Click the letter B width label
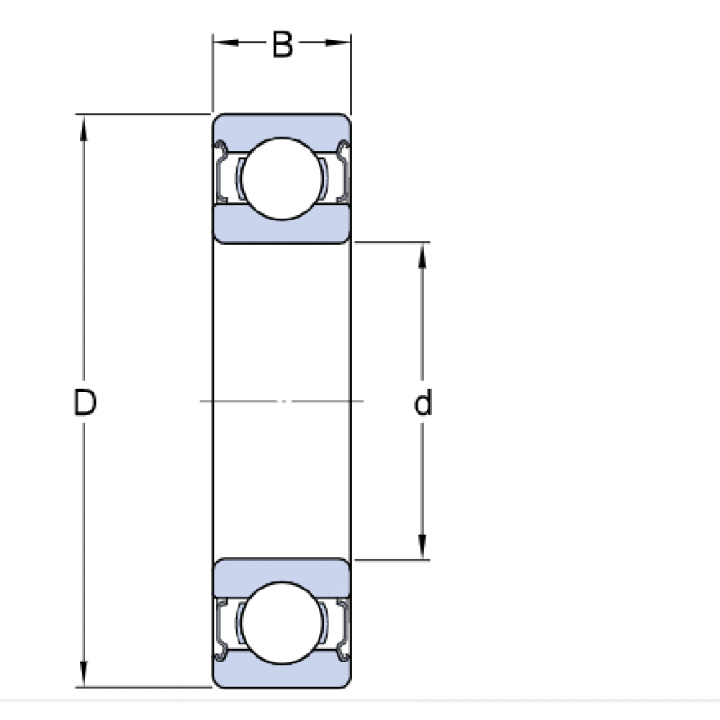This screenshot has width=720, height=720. [283, 45]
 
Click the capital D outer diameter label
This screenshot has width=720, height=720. [85, 404]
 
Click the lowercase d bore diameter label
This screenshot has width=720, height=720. [423, 404]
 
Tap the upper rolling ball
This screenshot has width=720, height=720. [282, 178]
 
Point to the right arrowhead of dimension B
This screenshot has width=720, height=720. [341, 42]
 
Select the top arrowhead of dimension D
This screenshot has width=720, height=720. [85, 127]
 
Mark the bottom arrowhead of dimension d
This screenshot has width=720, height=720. [423, 548]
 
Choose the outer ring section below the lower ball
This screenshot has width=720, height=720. [282, 677]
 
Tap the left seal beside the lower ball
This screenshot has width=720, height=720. [224, 626]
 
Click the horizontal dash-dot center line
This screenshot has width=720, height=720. [282, 400]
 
